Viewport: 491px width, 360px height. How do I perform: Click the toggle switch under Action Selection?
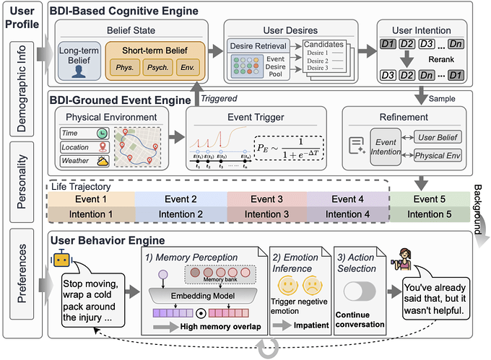pos(360,291)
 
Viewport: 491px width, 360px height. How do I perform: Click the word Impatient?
pos(313,325)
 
